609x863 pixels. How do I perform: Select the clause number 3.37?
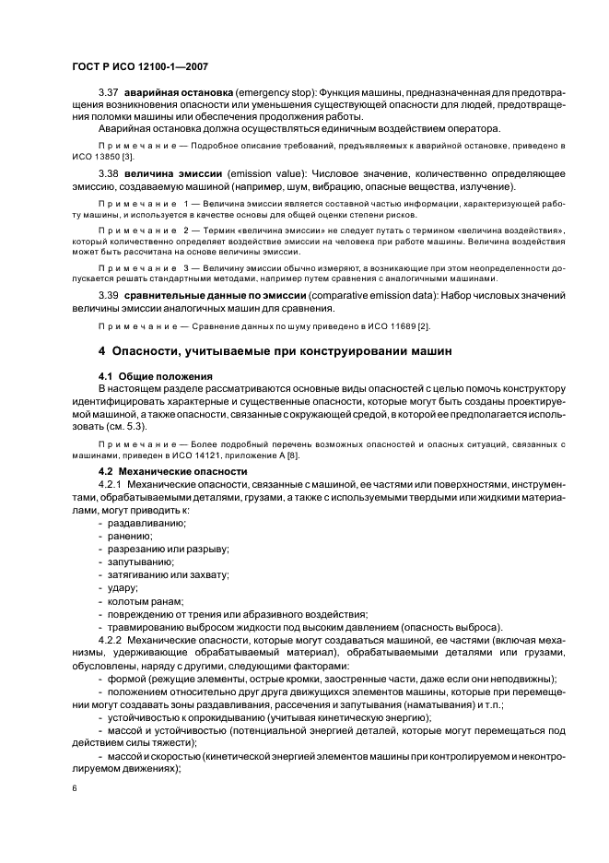pos(110,93)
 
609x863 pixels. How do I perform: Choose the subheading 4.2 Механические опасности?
pos(172,471)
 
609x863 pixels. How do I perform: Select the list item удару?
pos(123,587)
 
